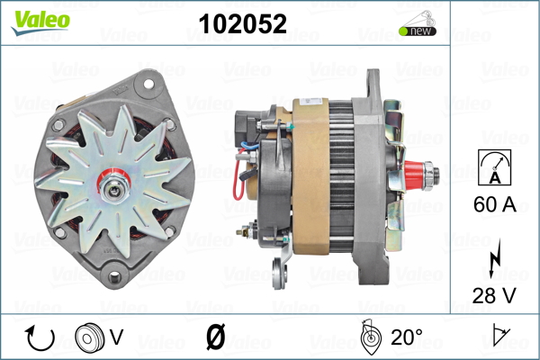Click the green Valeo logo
point(40,22)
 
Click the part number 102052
point(242,24)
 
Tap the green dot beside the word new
point(403,31)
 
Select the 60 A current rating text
point(494,204)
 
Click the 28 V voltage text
point(494,295)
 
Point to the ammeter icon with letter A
point(494,167)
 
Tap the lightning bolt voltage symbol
point(494,258)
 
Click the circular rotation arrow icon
point(40,338)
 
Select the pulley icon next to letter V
point(89,337)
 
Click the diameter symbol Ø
point(216,337)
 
